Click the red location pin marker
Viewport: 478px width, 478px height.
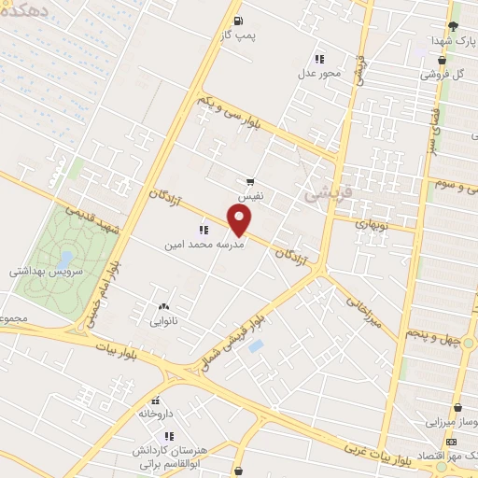click(240, 220)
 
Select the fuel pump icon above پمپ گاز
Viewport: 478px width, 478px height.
click(239, 21)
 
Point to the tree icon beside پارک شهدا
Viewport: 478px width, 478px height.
click(453, 26)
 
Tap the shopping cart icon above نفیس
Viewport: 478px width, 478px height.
click(250, 182)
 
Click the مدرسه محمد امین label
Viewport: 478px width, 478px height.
click(204, 246)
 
